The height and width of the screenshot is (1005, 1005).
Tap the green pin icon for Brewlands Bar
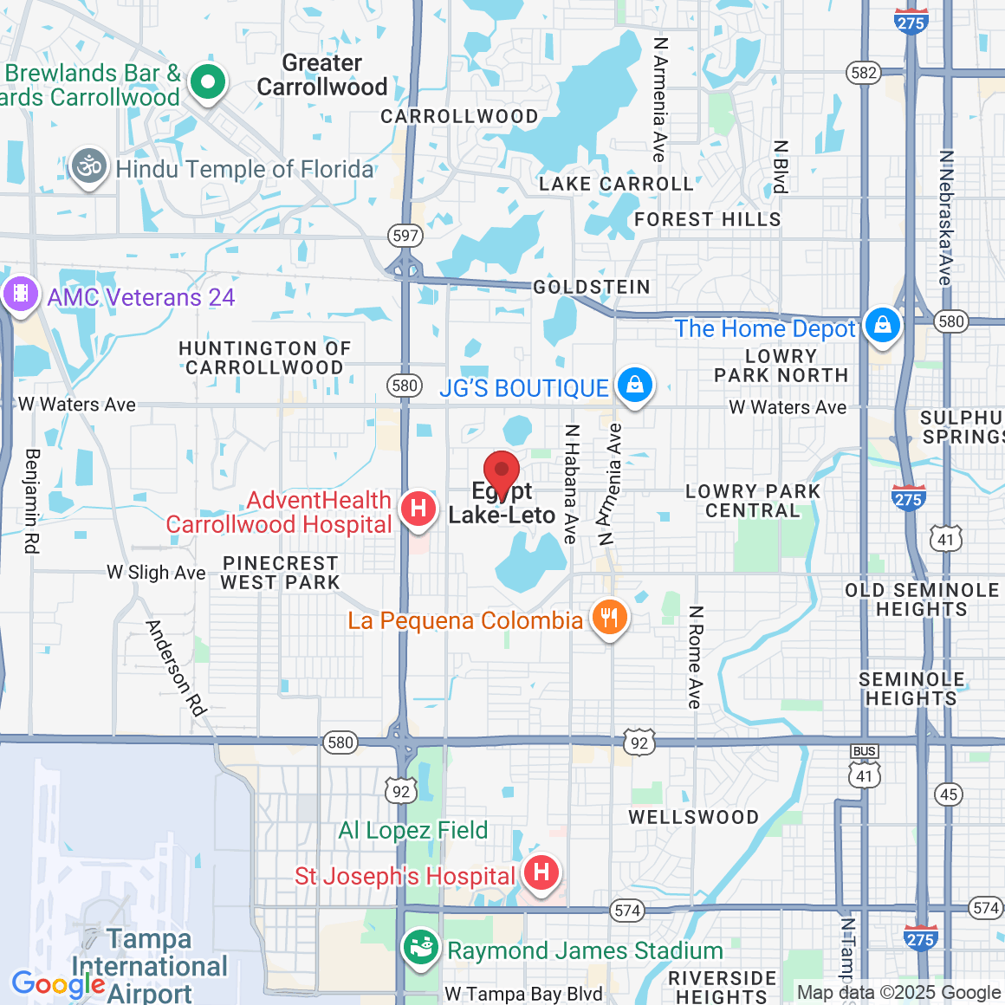[207, 83]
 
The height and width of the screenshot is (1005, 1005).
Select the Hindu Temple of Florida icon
[89, 166]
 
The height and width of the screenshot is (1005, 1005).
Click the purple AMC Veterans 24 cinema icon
[20, 294]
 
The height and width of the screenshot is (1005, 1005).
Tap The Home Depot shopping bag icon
[882, 326]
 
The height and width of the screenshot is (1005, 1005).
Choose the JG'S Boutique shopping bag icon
[634, 385]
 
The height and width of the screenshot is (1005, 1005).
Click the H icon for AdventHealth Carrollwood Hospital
[418, 507]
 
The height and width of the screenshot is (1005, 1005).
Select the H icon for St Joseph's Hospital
[541, 872]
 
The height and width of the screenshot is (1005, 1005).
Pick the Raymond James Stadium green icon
[421, 948]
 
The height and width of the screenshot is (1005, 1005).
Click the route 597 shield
[405, 236]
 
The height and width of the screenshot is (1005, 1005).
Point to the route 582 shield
[864, 73]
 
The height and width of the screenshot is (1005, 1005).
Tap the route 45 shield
[949, 794]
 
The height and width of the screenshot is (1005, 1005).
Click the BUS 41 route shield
[865, 768]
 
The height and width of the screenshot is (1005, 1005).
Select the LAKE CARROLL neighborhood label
[616, 184]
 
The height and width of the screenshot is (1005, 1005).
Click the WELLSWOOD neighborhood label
[693, 817]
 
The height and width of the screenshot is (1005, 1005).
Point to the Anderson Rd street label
[177, 668]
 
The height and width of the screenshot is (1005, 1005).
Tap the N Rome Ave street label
[695, 657]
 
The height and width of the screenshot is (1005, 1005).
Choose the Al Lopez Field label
[413, 830]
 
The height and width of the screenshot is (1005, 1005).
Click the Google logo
[58, 985]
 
